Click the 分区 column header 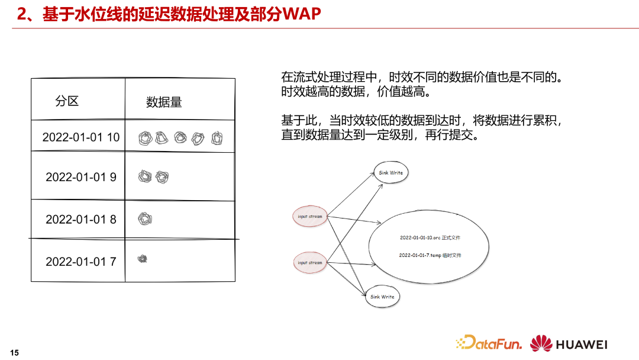coord(67,101)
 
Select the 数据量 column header coord(164,102)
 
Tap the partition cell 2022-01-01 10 coord(80,137)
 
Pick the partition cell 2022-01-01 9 coord(81,177)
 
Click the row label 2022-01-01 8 coord(81,220)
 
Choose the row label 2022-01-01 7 coord(81,262)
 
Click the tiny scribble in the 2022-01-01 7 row coord(142,258)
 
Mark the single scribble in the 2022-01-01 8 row coord(145,219)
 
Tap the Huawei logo coord(569,344)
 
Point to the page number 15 coord(15,353)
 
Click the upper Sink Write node coord(390,173)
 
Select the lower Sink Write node coord(382,297)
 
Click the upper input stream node coord(310,217)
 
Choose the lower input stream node coord(310,262)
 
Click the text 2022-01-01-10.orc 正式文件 coord(430,238)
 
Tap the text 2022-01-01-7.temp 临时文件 coord(430,255)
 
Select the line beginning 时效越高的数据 coord(355,92)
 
